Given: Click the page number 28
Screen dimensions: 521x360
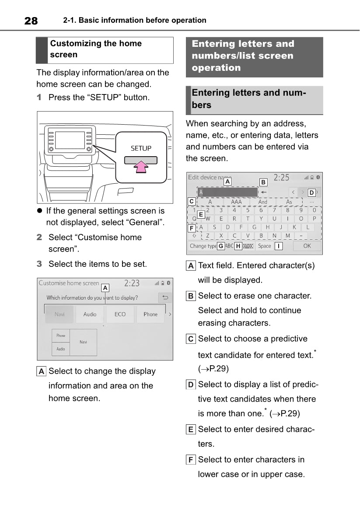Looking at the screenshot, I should (31, 21).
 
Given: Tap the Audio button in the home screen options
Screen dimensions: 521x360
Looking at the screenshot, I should (90, 314).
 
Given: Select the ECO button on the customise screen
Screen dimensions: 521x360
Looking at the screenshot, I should (120, 314).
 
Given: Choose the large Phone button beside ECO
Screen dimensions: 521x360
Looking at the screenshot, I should (150, 314).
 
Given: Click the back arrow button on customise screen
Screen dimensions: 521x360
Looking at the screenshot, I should (165, 298).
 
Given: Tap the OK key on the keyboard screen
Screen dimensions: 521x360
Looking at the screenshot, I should (307, 246).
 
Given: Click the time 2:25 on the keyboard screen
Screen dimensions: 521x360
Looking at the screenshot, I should (281, 178).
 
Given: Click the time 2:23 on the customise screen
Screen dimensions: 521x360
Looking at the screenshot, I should (132, 283).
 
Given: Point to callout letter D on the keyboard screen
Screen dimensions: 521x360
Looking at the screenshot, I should (311, 192).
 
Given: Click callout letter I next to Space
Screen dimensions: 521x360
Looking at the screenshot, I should (278, 246).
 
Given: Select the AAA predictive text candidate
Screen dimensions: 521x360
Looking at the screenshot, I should (236, 202).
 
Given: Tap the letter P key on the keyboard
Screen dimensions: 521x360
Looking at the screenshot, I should (314, 219).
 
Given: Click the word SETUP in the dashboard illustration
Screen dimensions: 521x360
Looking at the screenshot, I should (141, 148).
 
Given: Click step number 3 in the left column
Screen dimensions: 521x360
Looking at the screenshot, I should (39, 264).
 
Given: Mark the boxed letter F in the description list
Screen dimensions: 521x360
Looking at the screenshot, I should (191, 460).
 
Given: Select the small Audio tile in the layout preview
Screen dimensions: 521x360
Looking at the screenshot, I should (61, 349).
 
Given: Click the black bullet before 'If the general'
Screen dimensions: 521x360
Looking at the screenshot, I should (39, 211).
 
